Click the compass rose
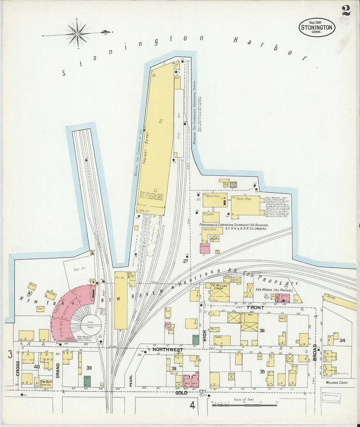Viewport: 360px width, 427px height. coord(78,33)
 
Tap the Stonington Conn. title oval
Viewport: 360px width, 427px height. coord(316,27)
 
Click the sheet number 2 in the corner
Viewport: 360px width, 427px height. coord(346,10)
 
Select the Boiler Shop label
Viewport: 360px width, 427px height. coord(244,199)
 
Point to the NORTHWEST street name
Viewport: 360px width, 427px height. coord(168,350)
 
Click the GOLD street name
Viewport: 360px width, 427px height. coord(181,393)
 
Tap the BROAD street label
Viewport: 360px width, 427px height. coord(315,352)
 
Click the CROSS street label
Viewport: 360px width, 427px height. coord(18,368)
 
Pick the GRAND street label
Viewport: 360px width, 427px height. coord(58,370)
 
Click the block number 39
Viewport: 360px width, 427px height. coord(88,368)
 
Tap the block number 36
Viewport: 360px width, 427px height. coord(262,331)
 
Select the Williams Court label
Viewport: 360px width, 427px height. coord(337,382)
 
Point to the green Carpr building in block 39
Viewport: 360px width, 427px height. coord(87,381)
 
